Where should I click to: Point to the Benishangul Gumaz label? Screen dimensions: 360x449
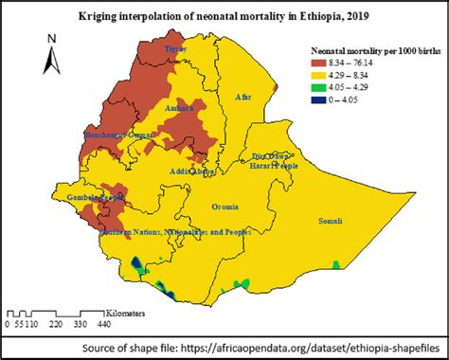[119, 136]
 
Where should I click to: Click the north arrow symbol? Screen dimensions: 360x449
[53, 55]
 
